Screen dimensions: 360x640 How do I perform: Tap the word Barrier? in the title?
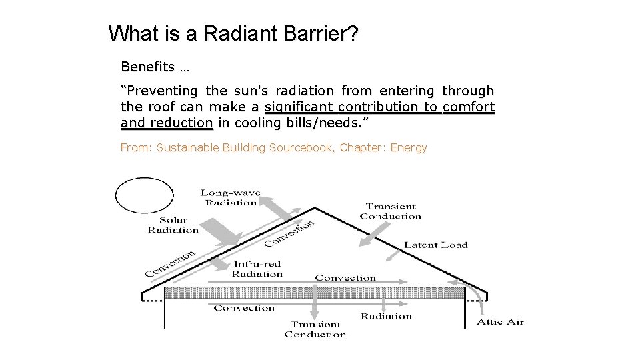[322, 33]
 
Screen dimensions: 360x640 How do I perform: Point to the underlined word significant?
[299, 107]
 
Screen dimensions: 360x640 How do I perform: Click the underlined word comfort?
[469, 107]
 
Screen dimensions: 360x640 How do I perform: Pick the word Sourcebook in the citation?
[301, 147]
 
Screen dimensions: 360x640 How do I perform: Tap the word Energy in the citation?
[408, 147]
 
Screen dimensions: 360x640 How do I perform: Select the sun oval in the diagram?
[145, 195]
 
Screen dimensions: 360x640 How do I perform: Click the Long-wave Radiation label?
[231, 198]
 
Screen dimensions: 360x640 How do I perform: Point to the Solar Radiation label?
[173, 225]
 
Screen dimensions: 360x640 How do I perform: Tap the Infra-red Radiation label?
[257, 269]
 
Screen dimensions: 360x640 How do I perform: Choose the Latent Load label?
[436, 245]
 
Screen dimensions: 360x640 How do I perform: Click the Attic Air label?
[500, 322]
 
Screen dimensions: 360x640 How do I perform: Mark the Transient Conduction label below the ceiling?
[315, 329]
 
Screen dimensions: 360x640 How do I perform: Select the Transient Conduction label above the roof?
[391, 211]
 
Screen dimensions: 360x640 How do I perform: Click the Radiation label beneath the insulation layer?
[387, 316]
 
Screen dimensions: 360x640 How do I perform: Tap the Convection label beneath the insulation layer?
[244, 308]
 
